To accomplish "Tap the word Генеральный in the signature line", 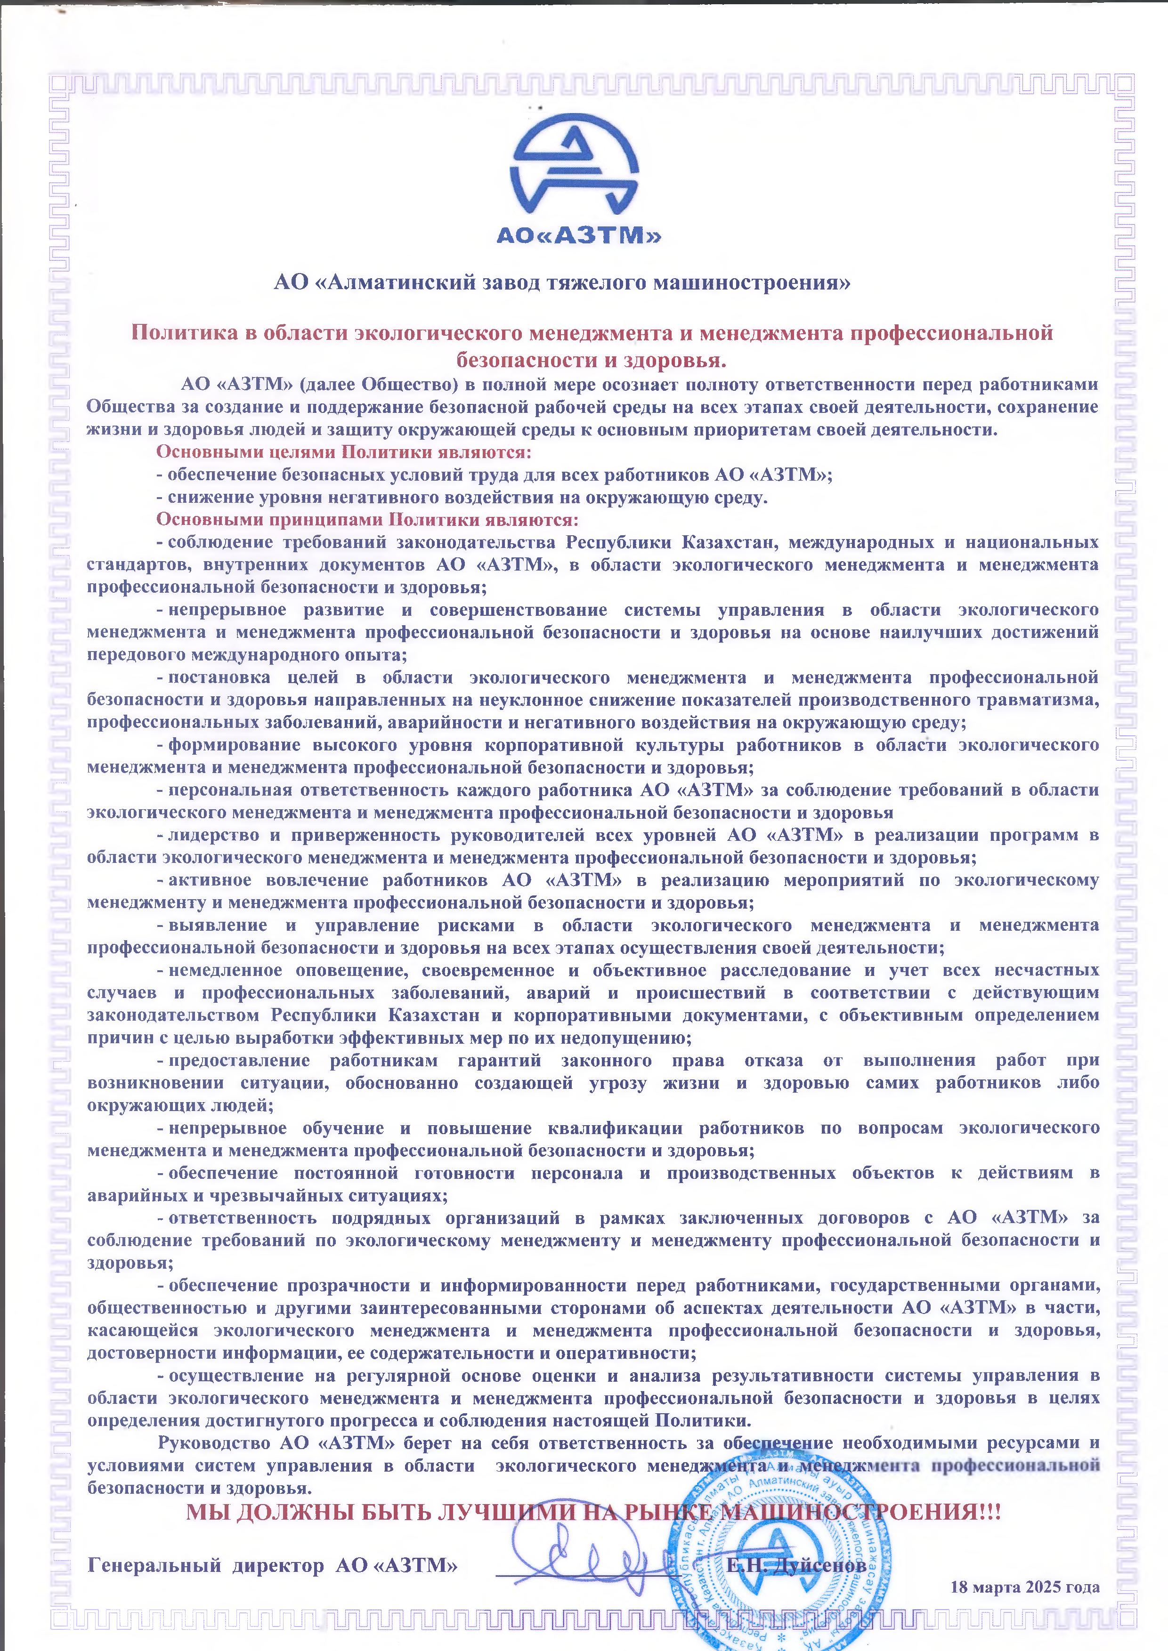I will (153, 1565).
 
